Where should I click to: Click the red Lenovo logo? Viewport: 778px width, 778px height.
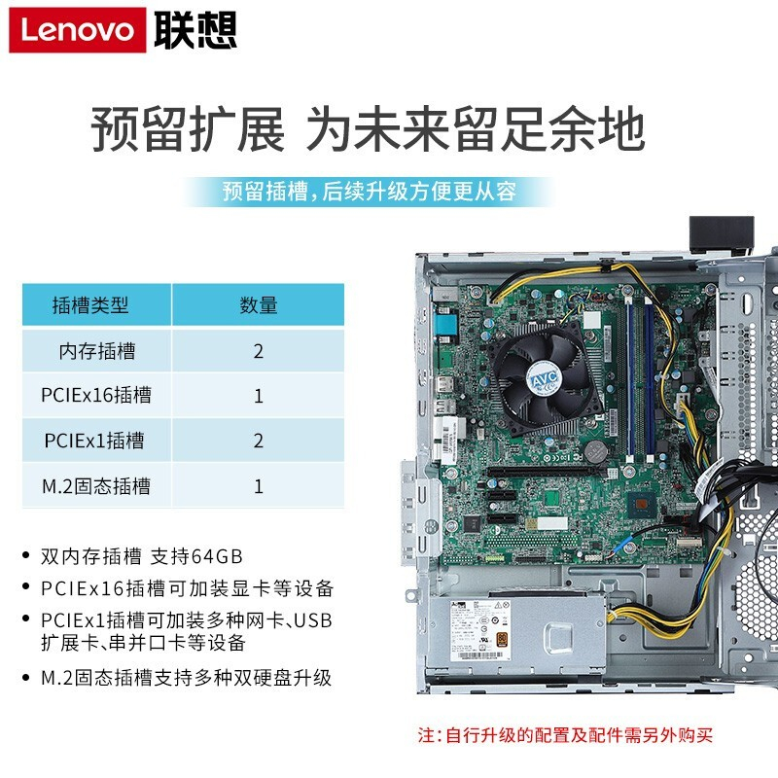pyautogui.click(x=78, y=30)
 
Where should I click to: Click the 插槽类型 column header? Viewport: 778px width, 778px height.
pyautogui.click(x=90, y=305)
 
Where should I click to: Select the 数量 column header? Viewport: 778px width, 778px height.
pyautogui.click(x=258, y=305)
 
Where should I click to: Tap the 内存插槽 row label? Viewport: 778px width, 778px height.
pyautogui.click(x=97, y=351)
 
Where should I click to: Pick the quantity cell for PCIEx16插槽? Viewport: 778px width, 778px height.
pyautogui.click(x=258, y=396)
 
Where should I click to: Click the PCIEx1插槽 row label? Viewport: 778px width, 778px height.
pyautogui.click(x=94, y=441)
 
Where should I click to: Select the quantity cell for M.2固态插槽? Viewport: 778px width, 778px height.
pyautogui.click(x=258, y=485)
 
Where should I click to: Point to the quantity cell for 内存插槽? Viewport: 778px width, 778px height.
pyautogui.click(x=258, y=351)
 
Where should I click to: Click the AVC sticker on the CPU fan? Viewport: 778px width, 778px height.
pyautogui.click(x=544, y=380)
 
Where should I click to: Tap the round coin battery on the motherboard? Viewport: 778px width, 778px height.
pyautogui.click(x=595, y=451)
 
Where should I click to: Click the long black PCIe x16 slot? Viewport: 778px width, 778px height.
pyautogui.click(x=545, y=471)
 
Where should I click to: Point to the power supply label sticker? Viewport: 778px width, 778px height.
pyautogui.click(x=479, y=630)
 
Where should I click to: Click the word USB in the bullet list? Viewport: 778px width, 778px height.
pyautogui.click(x=313, y=620)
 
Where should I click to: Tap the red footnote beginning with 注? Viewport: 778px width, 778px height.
pyautogui.click(x=565, y=735)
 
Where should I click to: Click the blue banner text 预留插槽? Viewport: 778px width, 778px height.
pyautogui.click(x=265, y=192)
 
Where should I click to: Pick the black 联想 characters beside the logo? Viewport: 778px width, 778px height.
pyautogui.click(x=195, y=30)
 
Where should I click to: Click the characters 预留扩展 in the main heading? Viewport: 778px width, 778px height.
pyautogui.click(x=188, y=128)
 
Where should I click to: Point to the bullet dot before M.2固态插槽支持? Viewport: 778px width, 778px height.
pyautogui.click(x=26, y=677)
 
